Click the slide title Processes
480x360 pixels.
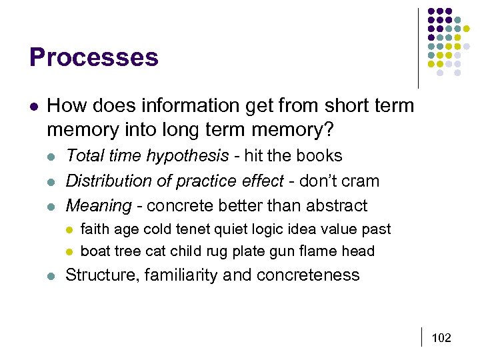tap(94, 57)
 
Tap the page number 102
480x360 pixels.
tap(441, 338)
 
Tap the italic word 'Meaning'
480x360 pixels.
tap(99, 205)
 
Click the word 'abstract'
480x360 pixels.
tap(337, 205)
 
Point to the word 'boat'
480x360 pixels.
tap(94, 251)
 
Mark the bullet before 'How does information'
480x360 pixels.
tap(34, 106)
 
